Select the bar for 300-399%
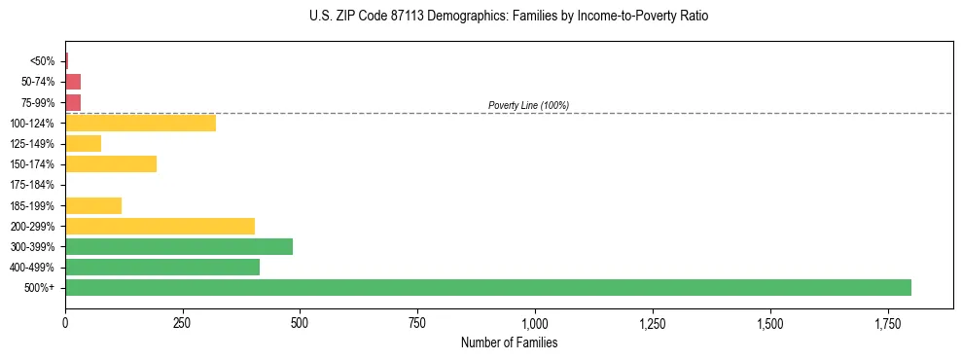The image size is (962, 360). [179, 246]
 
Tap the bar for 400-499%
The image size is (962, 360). [162, 267]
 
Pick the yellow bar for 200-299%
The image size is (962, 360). [160, 226]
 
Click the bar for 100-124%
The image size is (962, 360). [140, 124]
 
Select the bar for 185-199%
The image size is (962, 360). [93, 205]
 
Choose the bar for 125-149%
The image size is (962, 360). [83, 144]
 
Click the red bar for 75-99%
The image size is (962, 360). [73, 102]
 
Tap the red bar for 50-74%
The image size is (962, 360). [73, 82]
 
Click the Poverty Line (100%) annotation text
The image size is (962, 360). [528, 105]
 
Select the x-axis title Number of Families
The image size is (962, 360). [509, 343]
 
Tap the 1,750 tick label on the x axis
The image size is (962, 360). [769, 322]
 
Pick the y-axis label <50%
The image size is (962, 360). [43, 61]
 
